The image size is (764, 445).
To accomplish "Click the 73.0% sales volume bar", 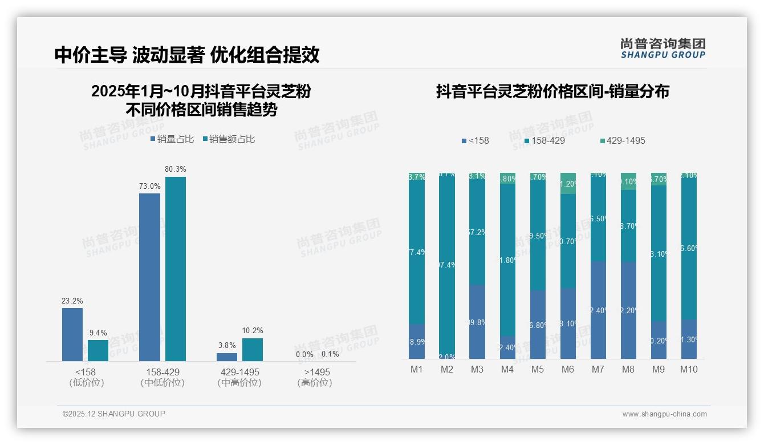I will pyautogui.click(x=149, y=277).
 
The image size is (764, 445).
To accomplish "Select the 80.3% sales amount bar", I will pyautogui.click(x=176, y=269).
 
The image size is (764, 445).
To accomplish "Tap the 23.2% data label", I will pyautogui.click(x=72, y=301).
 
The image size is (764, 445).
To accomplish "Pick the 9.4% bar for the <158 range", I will pyautogui.click(x=98, y=350).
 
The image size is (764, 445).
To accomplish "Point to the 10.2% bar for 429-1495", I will pyautogui.click(x=253, y=349).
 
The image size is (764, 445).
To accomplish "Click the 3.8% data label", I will pyautogui.click(x=226, y=345).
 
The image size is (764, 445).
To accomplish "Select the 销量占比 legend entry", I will pyautogui.click(x=172, y=139).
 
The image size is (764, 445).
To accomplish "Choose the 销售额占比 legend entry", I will pyautogui.click(x=229, y=139).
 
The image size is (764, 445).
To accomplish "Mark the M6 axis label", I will pyautogui.click(x=567, y=369).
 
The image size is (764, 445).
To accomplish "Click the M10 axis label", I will pyautogui.click(x=689, y=369).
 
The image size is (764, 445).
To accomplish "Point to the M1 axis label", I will pyautogui.click(x=417, y=369).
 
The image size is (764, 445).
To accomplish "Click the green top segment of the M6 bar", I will pyautogui.click(x=568, y=183).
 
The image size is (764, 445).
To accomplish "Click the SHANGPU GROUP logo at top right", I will pyautogui.click(x=663, y=48).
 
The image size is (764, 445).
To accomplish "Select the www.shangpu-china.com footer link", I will pyautogui.click(x=664, y=414).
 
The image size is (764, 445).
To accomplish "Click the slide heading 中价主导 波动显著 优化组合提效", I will pyautogui.click(x=187, y=55).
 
